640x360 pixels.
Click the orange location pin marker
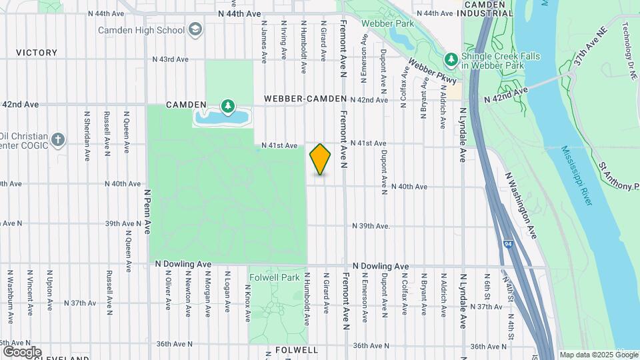321,159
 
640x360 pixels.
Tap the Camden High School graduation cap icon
195,29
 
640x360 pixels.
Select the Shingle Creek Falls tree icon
451,60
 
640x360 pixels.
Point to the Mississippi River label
575,176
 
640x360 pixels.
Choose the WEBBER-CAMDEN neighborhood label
305,99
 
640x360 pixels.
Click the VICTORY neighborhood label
37,53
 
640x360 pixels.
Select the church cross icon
59,139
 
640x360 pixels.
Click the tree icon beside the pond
228,107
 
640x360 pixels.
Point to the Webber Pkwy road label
433,71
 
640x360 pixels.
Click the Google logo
21,352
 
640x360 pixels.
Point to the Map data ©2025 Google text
599,354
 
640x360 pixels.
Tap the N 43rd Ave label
171,59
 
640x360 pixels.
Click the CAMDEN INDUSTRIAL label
490,9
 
